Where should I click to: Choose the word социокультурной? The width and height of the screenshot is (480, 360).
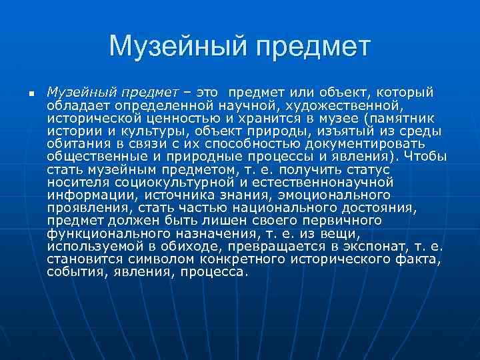pos(158,182)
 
